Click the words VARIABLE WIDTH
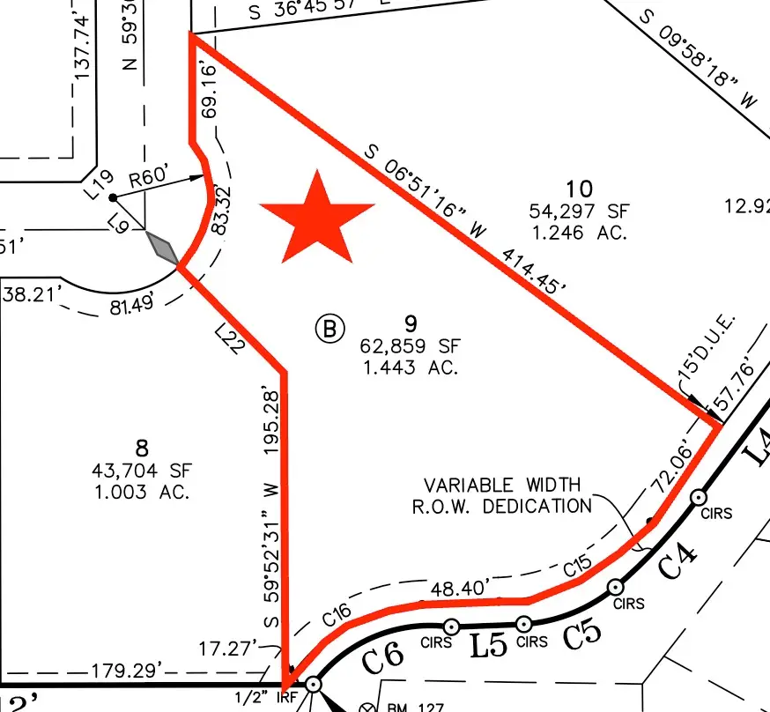[503, 485]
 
